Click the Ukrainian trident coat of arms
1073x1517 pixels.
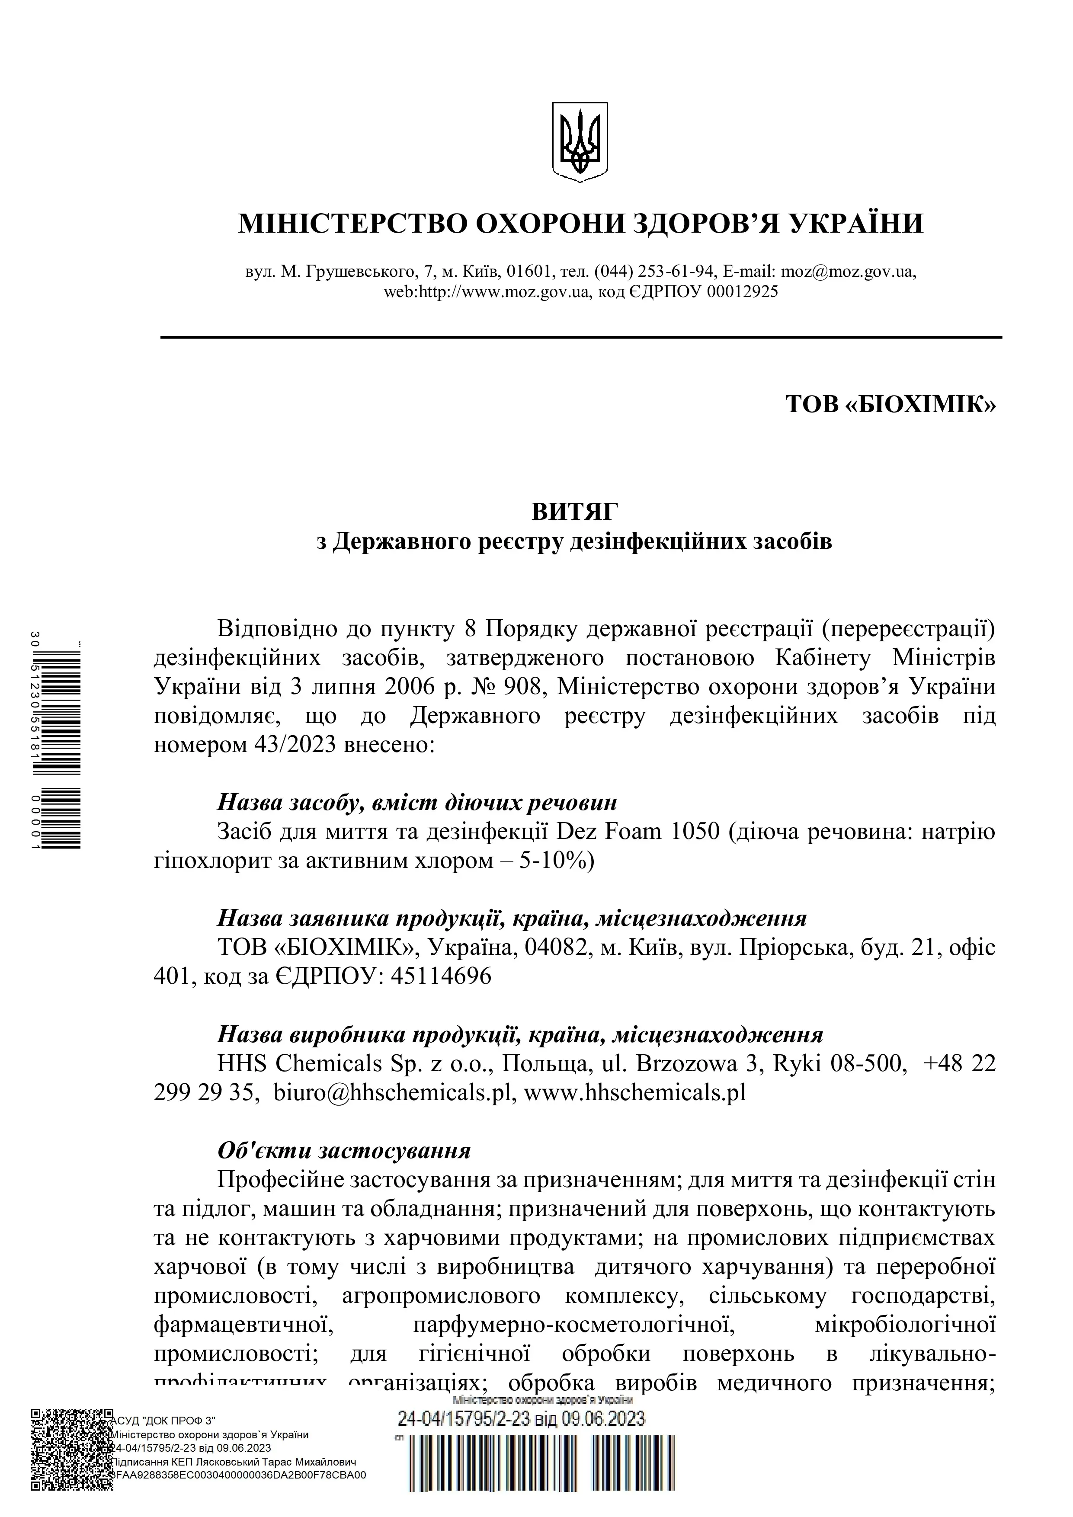[580, 142]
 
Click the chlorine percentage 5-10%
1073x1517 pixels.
[558, 861]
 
